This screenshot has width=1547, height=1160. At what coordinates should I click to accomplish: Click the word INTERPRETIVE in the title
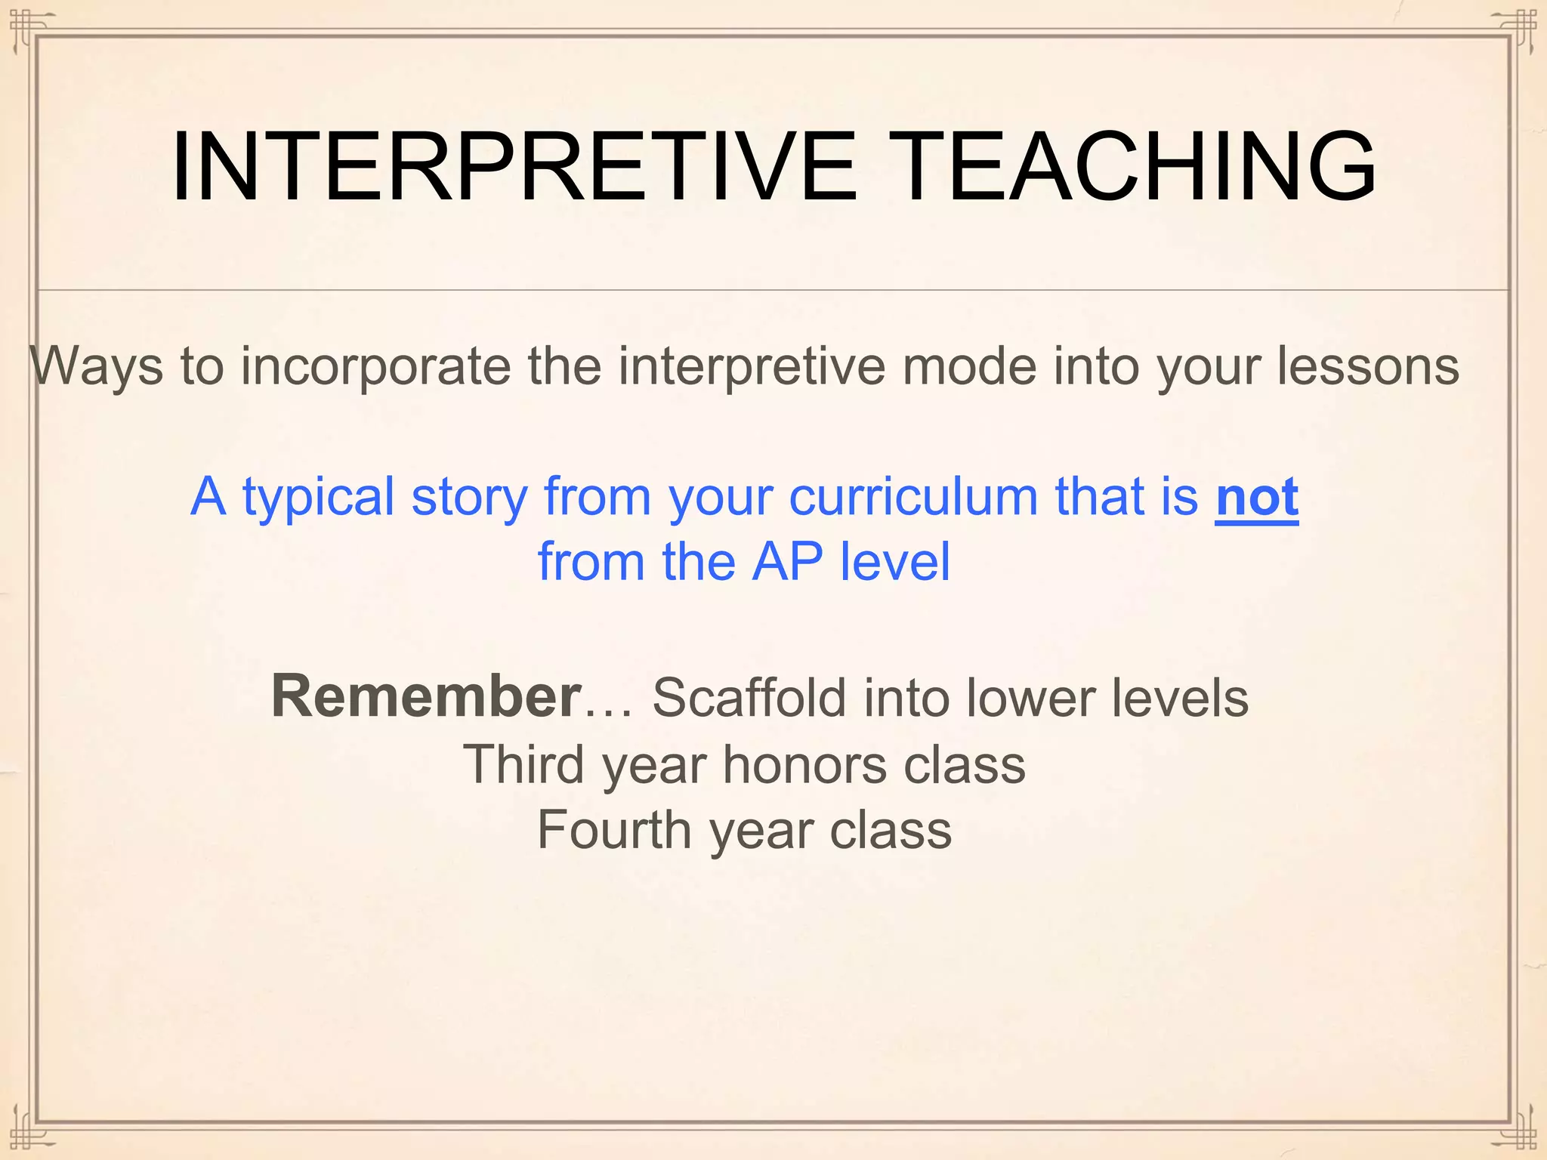514,168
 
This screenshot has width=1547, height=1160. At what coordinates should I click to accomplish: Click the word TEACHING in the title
1137,168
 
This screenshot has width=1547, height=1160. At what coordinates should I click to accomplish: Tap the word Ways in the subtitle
97,367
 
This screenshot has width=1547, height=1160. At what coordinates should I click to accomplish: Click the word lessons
1368,367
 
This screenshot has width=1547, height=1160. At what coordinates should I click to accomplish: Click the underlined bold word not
1257,498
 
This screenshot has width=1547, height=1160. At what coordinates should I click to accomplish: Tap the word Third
523,765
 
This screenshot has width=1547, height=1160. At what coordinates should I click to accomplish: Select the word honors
804,765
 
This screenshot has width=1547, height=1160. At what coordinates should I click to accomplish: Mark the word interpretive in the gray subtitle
751,367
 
